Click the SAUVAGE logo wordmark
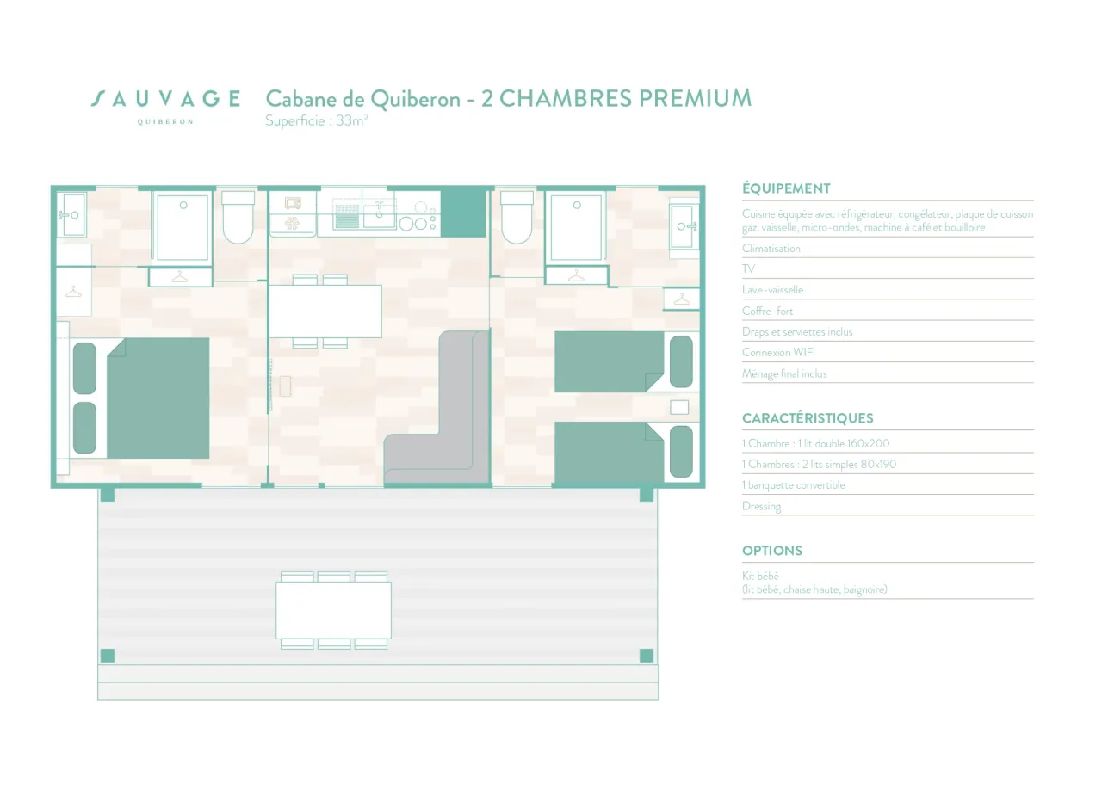coord(166,99)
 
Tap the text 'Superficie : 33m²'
coord(317,121)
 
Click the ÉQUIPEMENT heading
coord(786,188)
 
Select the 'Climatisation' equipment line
coord(771,249)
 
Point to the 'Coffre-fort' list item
coord(767,311)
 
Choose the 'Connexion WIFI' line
coord(778,352)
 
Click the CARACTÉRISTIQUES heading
coord(808,418)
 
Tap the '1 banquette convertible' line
coord(794,485)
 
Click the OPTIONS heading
coord(772,551)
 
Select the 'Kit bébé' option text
coord(760,576)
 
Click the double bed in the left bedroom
coord(158,398)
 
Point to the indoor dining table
coord(325,312)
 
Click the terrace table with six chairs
coord(333,610)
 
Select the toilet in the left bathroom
coord(238,218)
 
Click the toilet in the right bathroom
coord(517,218)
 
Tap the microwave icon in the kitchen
coord(293,203)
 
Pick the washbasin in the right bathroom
coord(684,227)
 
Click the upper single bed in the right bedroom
coord(624,361)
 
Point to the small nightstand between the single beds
coord(679,407)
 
